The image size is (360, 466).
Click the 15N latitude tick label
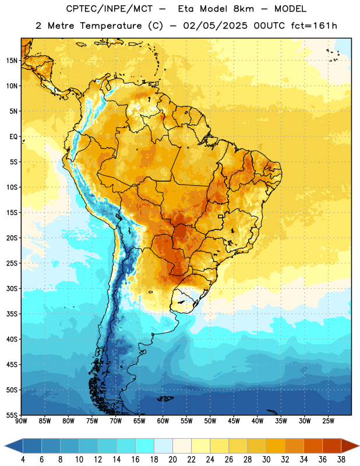[12, 61]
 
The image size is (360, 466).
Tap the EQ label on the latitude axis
[13, 137]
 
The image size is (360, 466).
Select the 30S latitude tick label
[12, 288]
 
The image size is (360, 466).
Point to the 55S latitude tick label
[12, 415]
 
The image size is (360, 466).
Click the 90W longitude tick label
[21, 421]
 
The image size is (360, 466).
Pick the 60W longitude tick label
[163, 421]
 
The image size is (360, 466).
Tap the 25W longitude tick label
[328, 421]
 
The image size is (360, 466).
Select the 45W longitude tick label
[234, 421]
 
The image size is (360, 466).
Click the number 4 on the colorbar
[23, 460]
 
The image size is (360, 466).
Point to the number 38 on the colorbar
[341, 460]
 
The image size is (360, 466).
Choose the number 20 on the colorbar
[172, 460]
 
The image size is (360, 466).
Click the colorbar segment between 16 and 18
[145, 446]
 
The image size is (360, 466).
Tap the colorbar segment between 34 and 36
[313, 446]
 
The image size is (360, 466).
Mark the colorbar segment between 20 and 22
[182, 446]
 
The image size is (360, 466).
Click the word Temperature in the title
[111, 26]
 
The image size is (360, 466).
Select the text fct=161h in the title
[314, 26]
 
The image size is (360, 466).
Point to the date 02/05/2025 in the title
[215, 26]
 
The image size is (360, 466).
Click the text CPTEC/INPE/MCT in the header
[109, 9]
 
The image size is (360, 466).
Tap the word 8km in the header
[243, 9]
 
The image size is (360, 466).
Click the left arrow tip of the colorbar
[5, 446]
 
